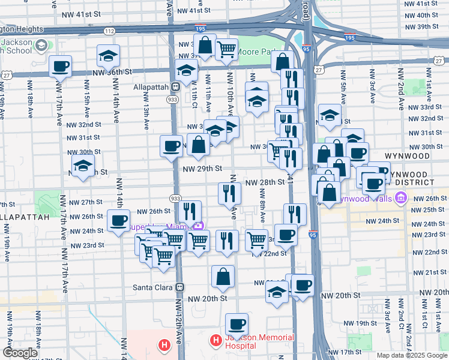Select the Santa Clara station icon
click(178, 287)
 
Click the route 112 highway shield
click(109, 31)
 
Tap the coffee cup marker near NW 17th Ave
click(60, 66)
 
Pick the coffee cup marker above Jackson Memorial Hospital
click(237, 325)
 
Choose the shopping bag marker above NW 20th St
click(223, 277)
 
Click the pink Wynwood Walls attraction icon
click(401, 198)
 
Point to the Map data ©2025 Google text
click(412, 355)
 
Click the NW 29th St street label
click(202, 169)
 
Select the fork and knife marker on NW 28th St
click(229, 193)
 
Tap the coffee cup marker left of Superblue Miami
click(119, 220)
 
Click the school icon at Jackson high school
click(41, 46)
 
